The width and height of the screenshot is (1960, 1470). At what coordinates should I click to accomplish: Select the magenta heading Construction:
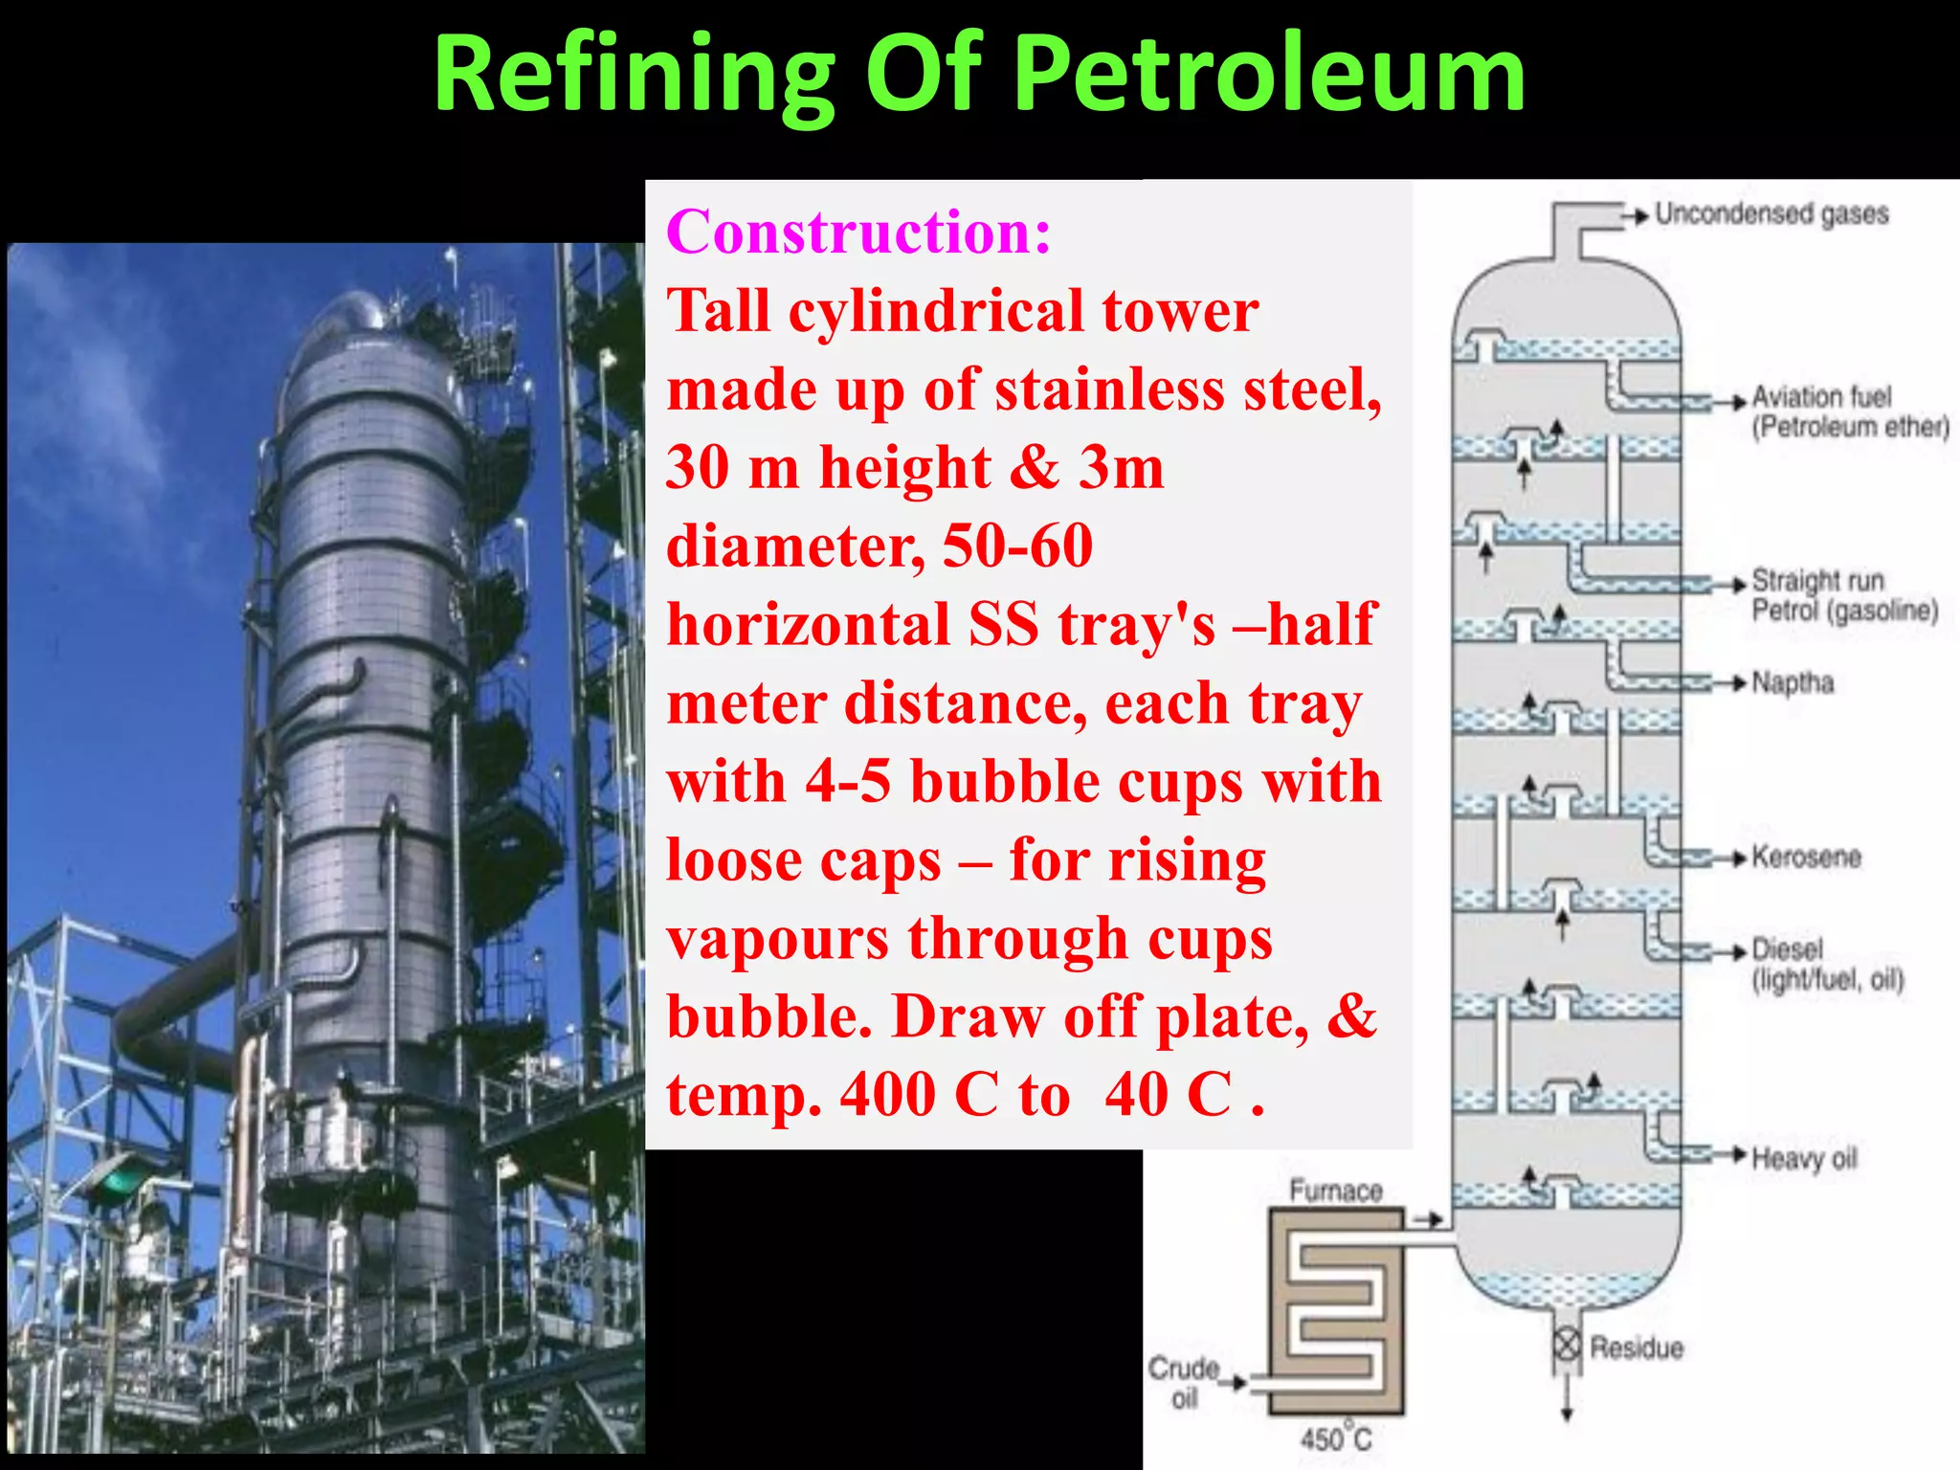[858, 232]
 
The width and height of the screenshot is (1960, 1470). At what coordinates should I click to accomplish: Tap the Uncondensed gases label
[1771, 213]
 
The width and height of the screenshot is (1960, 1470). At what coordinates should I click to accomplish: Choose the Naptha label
[1793, 682]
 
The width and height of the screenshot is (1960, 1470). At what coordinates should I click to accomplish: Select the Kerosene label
[1806, 857]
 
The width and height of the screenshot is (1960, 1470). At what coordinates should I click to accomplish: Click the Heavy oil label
[1804, 1158]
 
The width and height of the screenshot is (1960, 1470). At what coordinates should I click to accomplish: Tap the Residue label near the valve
[1636, 1347]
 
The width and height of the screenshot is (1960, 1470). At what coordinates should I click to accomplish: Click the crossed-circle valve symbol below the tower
[1567, 1345]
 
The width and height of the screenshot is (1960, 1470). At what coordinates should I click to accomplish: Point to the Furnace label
[1336, 1191]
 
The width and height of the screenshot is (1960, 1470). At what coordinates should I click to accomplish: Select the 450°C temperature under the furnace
[1336, 1438]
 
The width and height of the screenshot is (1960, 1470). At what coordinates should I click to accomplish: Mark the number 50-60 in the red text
[1017, 546]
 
